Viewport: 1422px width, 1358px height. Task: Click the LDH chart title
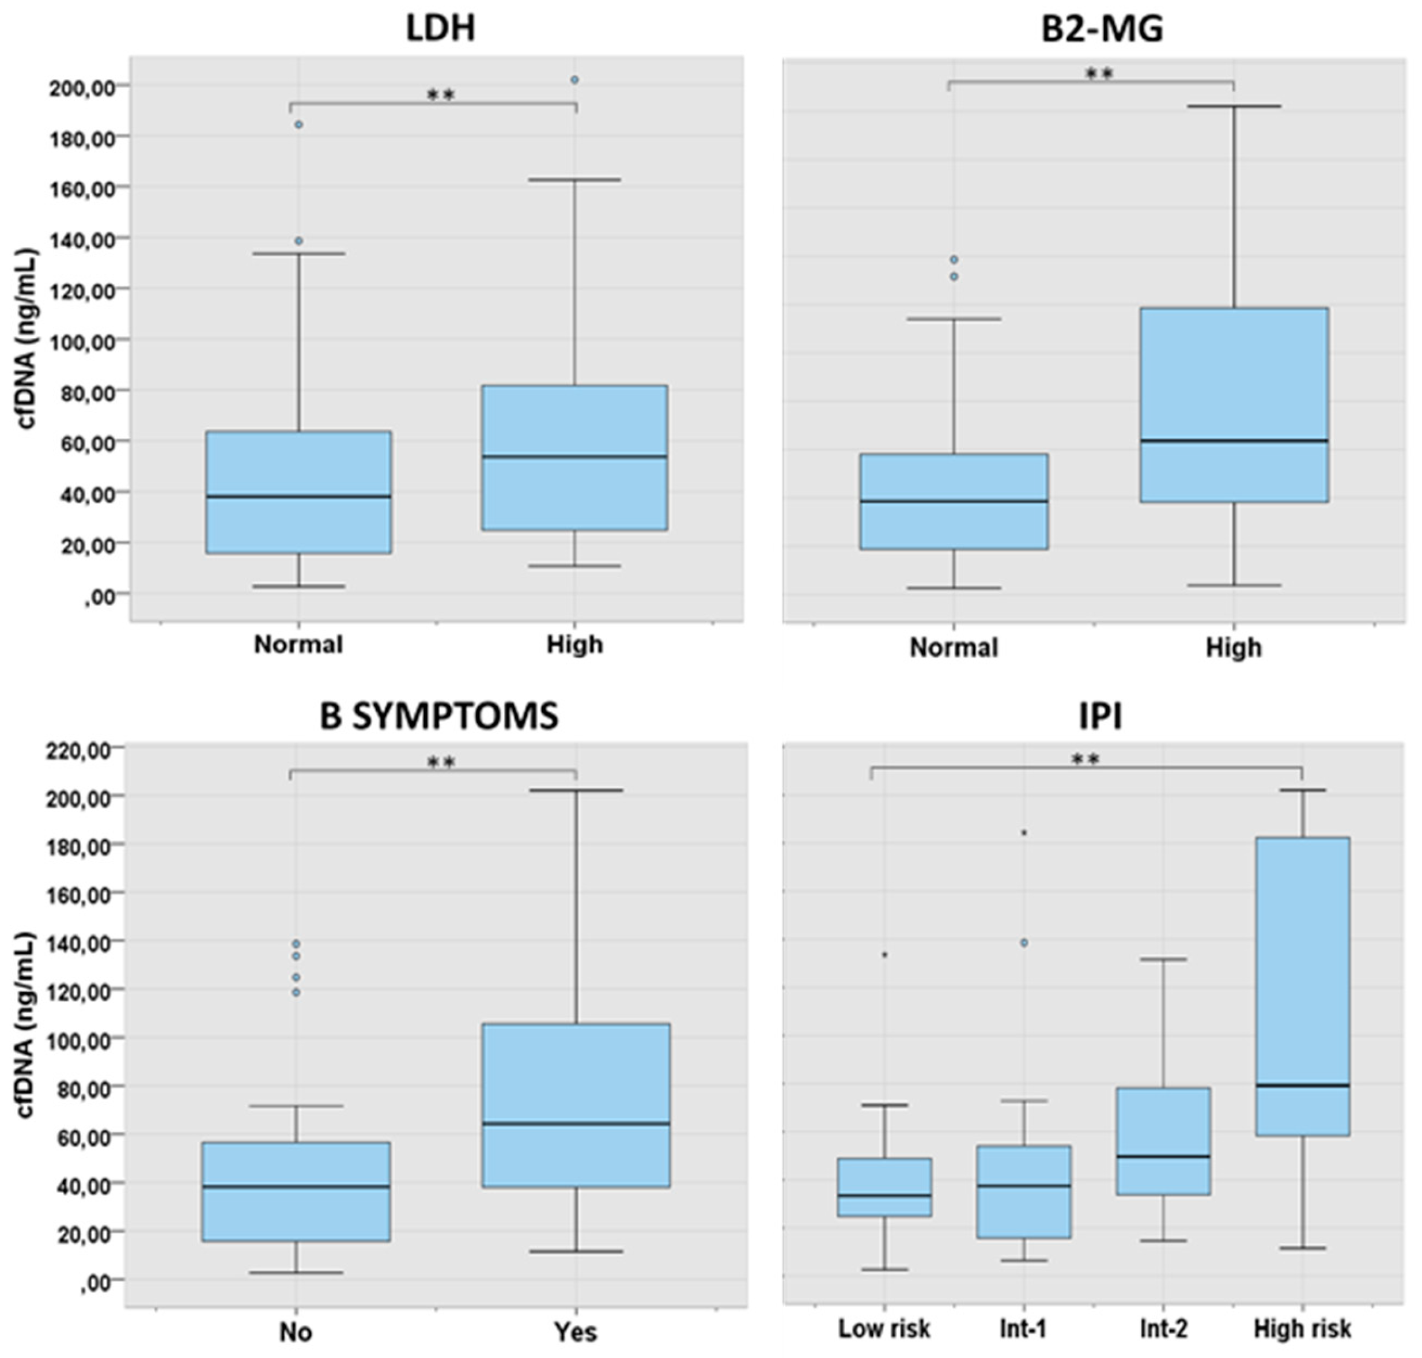(x=440, y=29)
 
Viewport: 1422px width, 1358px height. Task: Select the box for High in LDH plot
(x=575, y=457)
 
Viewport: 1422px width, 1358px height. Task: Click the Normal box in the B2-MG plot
(x=954, y=501)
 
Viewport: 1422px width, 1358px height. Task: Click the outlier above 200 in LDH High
(x=575, y=80)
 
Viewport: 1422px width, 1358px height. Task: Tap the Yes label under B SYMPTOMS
(x=576, y=1332)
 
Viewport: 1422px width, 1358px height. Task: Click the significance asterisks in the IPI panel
(x=1084, y=759)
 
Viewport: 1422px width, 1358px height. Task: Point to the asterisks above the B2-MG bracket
(x=1098, y=74)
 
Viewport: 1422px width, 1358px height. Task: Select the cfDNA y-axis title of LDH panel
(x=26, y=339)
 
